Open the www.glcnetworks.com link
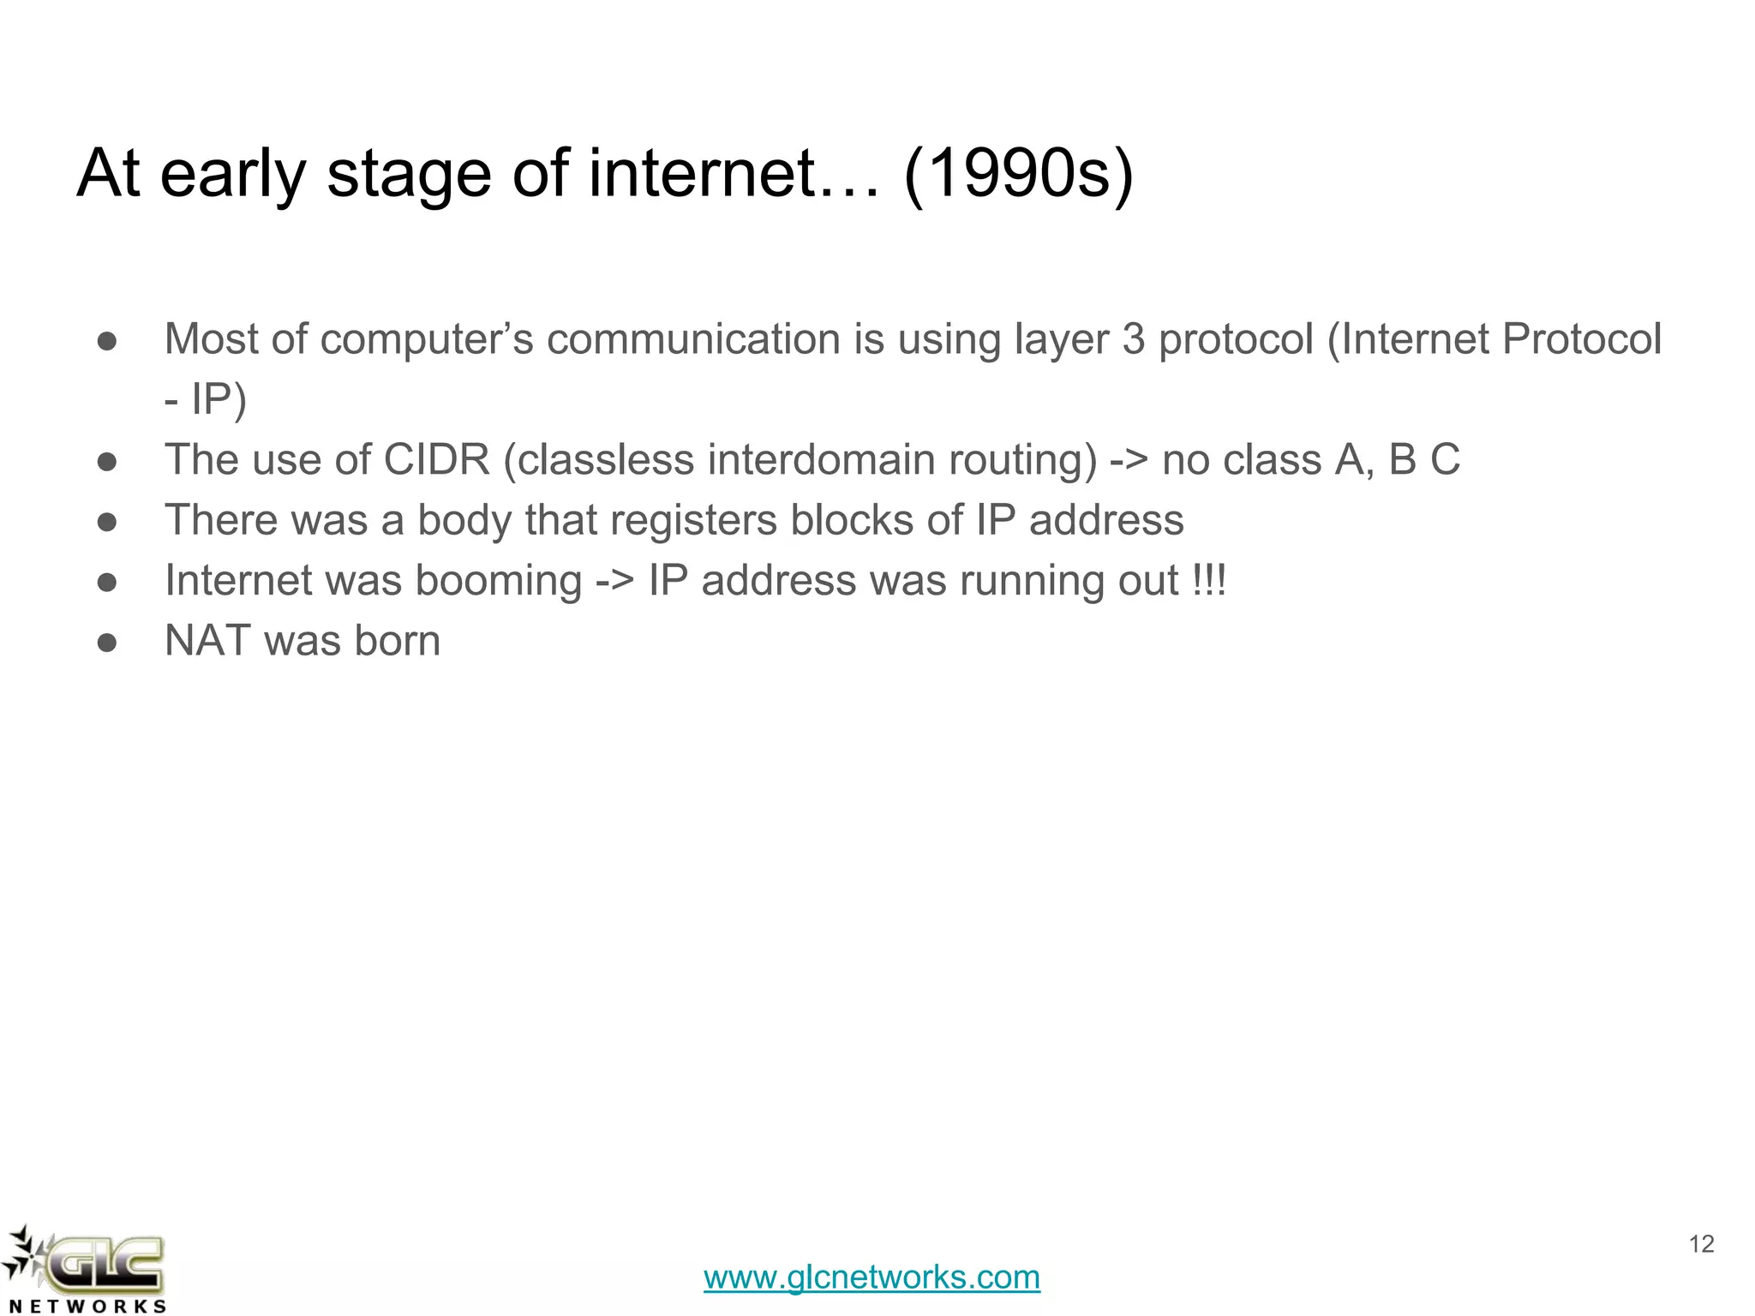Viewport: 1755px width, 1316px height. click(x=872, y=1277)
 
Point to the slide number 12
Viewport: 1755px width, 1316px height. click(x=1701, y=1244)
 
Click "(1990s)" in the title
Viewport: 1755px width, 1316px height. click(x=1018, y=174)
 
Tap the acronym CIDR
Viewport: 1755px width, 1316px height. click(x=436, y=459)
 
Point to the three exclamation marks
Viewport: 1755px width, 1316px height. click(x=1209, y=581)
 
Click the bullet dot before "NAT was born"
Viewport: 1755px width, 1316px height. click(x=107, y=643)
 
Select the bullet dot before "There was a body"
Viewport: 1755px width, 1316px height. click(x=107, y=522)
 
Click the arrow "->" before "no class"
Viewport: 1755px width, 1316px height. click(x=1129, y=460)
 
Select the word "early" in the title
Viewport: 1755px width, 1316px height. click(x=233, y=174)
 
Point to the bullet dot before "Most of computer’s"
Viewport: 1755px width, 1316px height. click(x=107, y=341)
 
